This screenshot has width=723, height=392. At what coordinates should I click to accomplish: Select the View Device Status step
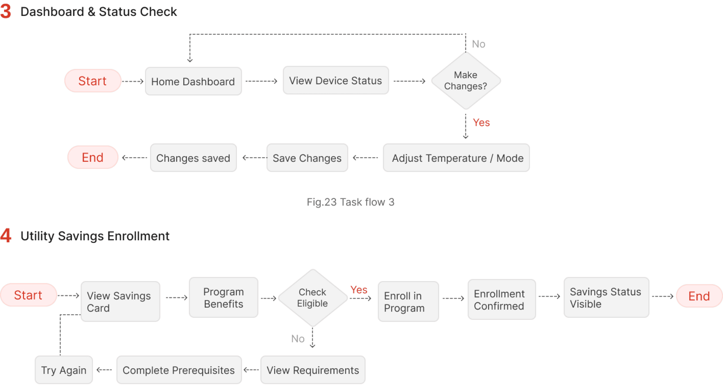click(336, 80)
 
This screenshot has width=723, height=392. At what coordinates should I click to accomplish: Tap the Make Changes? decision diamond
click(466, 81)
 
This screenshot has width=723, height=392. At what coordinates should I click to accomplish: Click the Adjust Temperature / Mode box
click(456, 158)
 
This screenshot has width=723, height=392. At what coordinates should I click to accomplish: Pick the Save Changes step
click(307, 158)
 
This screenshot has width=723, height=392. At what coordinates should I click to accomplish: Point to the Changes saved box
click(193, 158)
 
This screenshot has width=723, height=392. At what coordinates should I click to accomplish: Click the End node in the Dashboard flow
click(93, 157)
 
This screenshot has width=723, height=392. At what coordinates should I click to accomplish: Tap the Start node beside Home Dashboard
click(93, 81)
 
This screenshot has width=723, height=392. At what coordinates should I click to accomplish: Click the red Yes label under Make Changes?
click(481, 122)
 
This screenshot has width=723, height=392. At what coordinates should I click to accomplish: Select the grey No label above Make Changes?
click(479, 44)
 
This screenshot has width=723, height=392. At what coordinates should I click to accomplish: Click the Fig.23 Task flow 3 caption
click(351, 202)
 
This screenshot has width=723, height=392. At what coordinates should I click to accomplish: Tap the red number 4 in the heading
click(6, 235)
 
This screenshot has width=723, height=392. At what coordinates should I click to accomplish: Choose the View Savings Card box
click(120, 301)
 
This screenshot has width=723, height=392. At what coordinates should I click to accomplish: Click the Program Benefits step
click(223, 297)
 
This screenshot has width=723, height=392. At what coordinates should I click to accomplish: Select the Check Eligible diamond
click(313, 298)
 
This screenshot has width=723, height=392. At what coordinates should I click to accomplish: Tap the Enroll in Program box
click(408, 301)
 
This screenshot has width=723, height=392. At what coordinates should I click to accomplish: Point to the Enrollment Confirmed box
click(502, 300)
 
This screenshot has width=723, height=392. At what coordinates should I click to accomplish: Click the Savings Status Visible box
click(607, 297)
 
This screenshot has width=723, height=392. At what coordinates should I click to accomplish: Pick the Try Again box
click(64, 370)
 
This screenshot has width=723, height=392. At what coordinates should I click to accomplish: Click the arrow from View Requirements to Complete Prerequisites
click(251, 370)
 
